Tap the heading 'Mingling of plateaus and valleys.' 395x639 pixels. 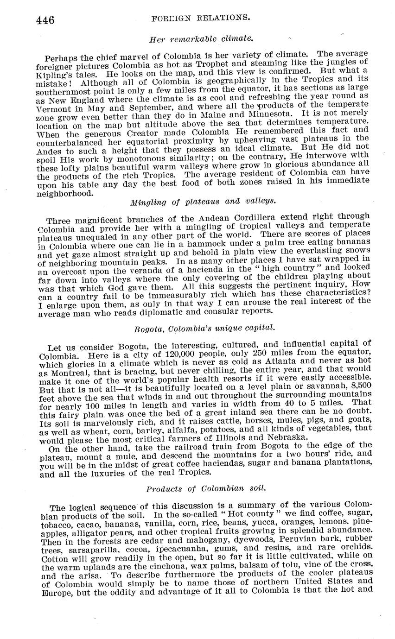[204, 202]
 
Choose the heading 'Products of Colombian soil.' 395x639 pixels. [204, 489]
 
